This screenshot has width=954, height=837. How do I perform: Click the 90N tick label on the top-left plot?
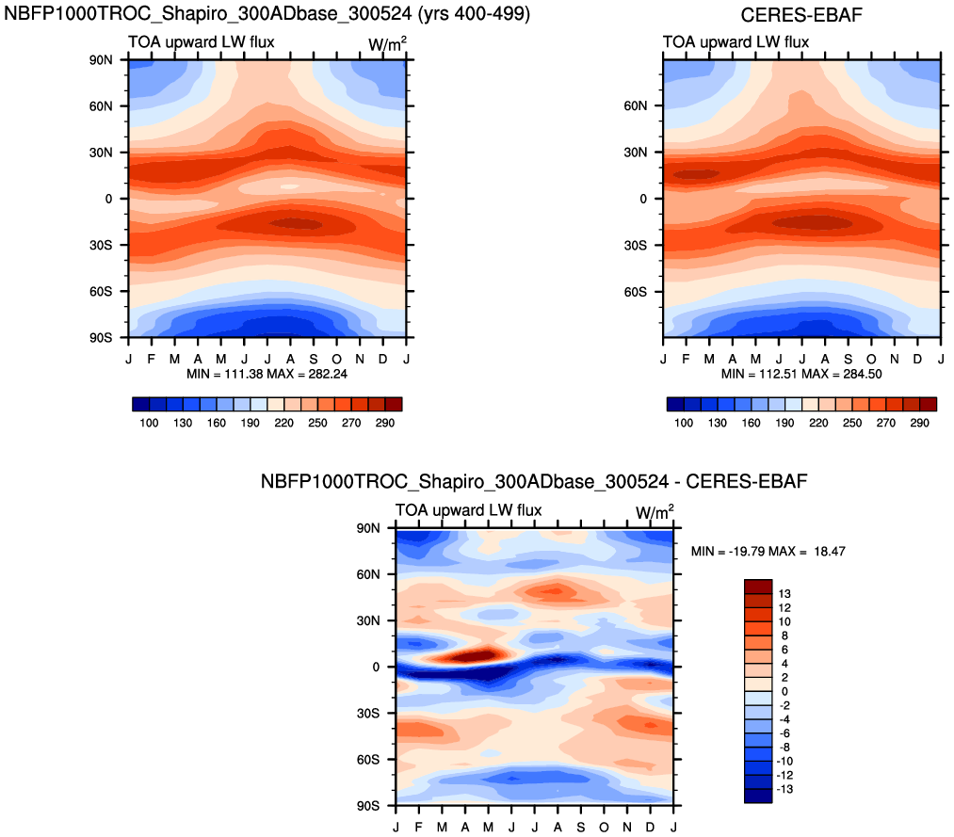click(x=101, y=59)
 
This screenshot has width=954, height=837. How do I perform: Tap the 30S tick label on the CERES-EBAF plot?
click(x=636, y=245)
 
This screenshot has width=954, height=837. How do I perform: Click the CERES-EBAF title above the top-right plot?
click(x=802, y=14)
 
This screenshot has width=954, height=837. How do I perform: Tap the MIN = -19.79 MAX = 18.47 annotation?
click(x=768, y=551)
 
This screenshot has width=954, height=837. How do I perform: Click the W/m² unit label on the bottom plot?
click(x=655, y=513)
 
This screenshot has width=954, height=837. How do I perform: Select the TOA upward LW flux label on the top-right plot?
click(x=721, y=41)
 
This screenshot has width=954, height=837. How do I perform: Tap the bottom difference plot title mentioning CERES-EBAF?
click(x=533, y=482)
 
